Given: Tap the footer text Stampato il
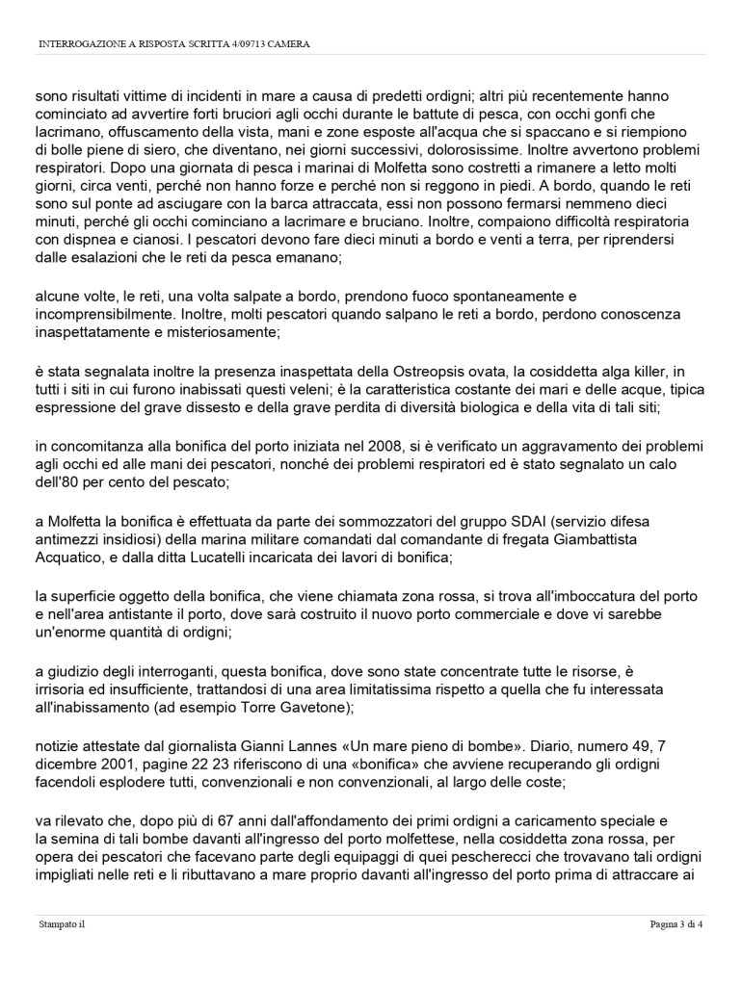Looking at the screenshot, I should point(62,926).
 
